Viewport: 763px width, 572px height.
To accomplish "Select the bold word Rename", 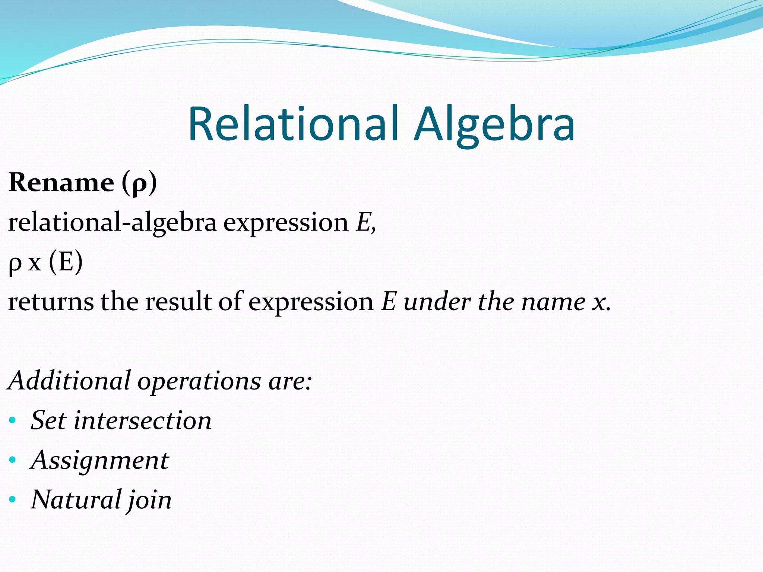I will (x=61, y=182).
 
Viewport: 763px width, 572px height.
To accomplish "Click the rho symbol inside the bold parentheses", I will (x=139, y=184).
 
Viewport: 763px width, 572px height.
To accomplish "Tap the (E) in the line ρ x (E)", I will (x=66, y=262).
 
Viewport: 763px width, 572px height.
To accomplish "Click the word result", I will (x=179, y=302).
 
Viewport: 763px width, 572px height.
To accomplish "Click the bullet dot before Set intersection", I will (x=13, y=420).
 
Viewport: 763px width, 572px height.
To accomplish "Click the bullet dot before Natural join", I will (x=13, y=499).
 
